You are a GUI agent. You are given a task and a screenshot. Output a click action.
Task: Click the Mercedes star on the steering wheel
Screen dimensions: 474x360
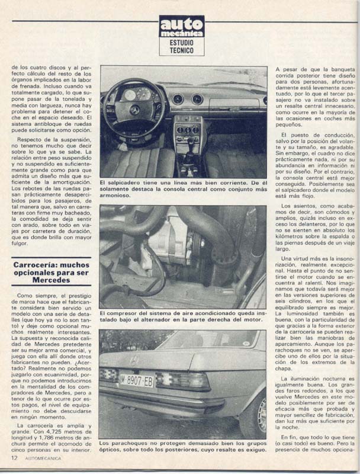[x=134, y=110]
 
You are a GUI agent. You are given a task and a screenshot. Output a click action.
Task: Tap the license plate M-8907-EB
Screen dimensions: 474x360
[x=136, y=380]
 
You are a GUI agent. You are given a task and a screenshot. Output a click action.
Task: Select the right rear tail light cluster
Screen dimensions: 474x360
[x=183, y=380]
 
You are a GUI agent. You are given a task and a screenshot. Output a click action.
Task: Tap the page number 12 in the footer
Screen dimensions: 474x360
[x=13, y=458]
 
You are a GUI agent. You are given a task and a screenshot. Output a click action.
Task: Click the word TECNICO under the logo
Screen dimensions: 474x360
[x=182, y=52]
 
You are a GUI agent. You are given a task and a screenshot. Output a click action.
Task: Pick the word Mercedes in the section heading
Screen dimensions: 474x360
[x=52, y=280]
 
